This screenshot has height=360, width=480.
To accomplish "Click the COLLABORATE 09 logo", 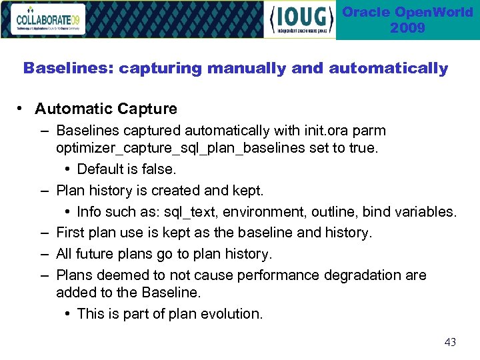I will tap(51, 20).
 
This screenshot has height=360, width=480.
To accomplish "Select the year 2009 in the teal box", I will tap(407, 28).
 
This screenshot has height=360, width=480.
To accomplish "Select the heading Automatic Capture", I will tap(106, 109).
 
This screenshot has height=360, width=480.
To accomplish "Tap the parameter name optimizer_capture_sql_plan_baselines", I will tap(181, 148).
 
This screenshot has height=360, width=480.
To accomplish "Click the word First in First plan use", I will tap(71, 233).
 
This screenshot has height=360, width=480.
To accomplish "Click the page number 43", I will tap(450, 342).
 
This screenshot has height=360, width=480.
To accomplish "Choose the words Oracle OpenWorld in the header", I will tap(407, 13).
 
